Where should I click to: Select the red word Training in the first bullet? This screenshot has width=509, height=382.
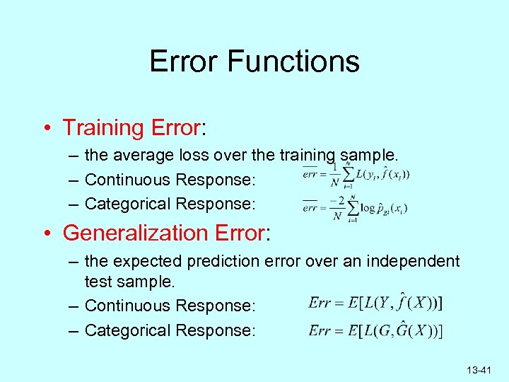pyautogui.click(x=103, y=128)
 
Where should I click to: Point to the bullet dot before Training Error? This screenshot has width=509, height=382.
pyautogui.click(x=45, y=129)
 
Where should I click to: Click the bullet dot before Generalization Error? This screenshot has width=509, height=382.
pyautogui.click(x=45, y=233)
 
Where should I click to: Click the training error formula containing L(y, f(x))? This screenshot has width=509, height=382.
pyautogui.click(x=356, y=175)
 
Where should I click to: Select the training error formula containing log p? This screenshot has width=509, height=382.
pyautogui.click(x=355, y=207)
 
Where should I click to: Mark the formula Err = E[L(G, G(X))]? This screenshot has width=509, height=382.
pyautogui.click(x=376, y=330)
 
